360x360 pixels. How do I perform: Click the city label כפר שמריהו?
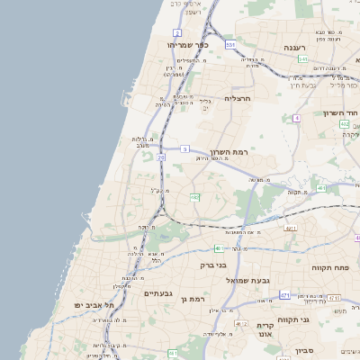click(187, 44)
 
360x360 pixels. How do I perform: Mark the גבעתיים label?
click(157, 293)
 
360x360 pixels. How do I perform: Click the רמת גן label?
click(193, 299)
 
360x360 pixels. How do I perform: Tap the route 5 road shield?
click(184, 148)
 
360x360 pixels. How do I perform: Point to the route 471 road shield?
click(284, 295)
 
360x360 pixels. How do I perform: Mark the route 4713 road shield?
click(334, 298)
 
